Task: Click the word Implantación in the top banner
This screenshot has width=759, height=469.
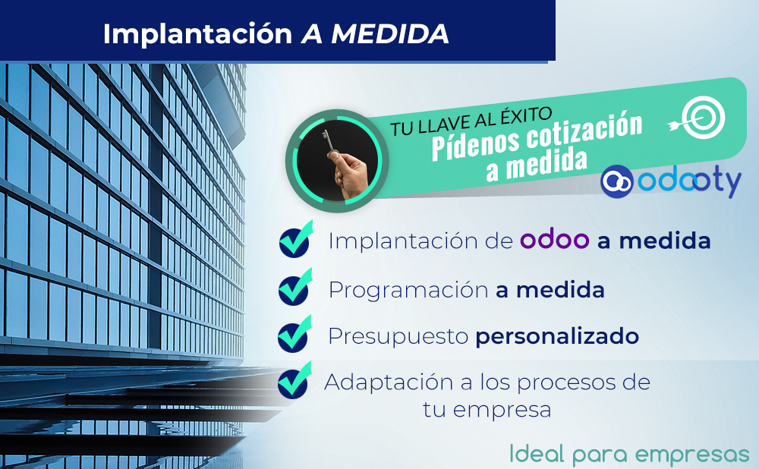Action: point(197,34)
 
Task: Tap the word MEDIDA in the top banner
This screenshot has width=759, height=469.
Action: point(389,34)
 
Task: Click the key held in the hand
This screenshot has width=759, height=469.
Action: point(329,143)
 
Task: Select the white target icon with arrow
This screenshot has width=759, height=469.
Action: point(698,117)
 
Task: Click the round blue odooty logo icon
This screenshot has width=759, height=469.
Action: point(616,181)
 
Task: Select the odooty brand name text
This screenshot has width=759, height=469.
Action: point(689,182)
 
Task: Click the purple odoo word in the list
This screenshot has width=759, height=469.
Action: point(554,240)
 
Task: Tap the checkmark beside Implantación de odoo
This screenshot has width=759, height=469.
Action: point(295,239)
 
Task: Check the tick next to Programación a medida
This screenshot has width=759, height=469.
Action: point(294,287)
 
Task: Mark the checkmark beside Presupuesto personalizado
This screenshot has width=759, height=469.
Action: point(294,334)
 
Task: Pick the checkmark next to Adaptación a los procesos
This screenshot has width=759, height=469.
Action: point(294,380)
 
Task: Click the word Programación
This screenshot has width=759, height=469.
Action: point(408,291)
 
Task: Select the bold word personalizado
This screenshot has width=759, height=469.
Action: point(557,337)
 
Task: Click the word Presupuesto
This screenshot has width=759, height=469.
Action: point(398,337)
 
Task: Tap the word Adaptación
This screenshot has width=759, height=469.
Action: point(389,382)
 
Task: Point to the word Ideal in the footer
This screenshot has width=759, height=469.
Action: point(537,454)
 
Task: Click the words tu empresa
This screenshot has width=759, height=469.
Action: point(487,410)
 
